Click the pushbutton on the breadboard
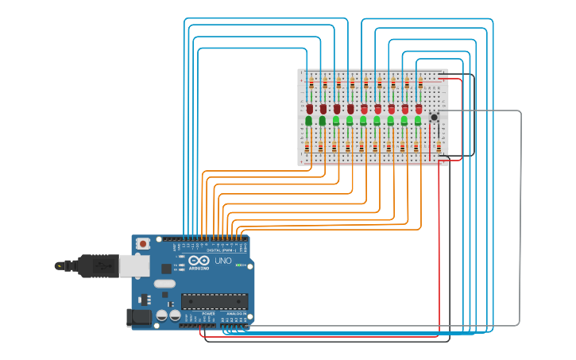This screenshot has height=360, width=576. click(434, 117)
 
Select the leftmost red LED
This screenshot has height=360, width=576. click(309, 108)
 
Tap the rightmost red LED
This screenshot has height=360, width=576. click(419, 108)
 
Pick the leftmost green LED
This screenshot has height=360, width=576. click(308, 121)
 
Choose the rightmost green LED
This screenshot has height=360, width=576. click(418, 121)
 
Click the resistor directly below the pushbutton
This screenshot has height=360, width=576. click(439, 146)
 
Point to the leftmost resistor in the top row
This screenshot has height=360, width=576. click(311, 83)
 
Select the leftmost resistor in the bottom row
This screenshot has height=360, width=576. click(307, 147)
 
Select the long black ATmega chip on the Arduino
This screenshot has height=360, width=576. click(214, 301)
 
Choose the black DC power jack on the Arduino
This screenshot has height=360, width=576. click(139, 318)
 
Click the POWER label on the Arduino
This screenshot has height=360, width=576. click(207, 314)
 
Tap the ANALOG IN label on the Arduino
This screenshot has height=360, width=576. click(236, 314)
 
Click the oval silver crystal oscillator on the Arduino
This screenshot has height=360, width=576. click(164, 284)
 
